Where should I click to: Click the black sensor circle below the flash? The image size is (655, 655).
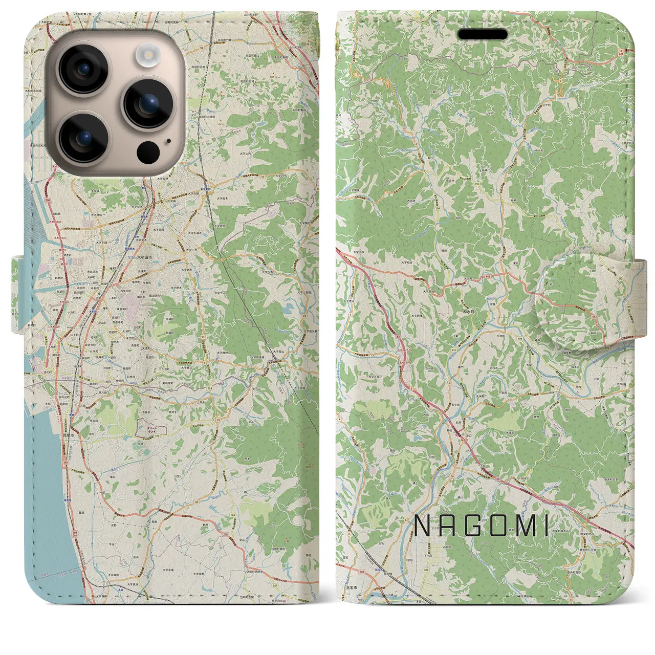[x=148, y=151]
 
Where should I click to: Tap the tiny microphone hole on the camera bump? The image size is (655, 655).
[x=168, y=141]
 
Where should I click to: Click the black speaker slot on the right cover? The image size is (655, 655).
[x=483, y=34]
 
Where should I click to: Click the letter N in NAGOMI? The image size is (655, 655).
[x=422, y=526]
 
